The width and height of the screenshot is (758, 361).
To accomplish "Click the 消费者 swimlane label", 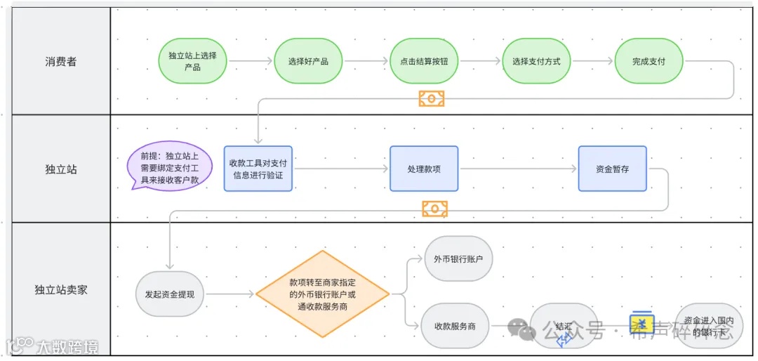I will [61, 62].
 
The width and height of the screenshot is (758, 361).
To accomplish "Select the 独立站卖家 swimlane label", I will [61, 289].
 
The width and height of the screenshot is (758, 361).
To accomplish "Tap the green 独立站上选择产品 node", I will [192, 61].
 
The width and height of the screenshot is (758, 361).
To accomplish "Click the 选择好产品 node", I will [308, 61].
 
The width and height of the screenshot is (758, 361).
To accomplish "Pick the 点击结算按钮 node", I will [424, 61].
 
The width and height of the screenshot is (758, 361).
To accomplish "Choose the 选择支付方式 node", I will [536, 61].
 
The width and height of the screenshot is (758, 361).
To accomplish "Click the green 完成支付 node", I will [649, 61].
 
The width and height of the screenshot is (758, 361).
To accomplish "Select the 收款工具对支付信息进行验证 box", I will [258, 169].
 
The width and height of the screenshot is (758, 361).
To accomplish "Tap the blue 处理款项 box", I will [424, 169].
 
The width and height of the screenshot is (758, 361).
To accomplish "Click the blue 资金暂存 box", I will [612, 169].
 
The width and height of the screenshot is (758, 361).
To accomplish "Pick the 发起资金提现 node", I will [170, 294].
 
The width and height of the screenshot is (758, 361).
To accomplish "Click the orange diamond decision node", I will [322, 294].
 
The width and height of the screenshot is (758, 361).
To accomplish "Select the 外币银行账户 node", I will [458, 258].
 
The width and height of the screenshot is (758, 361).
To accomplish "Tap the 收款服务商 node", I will [455, 326].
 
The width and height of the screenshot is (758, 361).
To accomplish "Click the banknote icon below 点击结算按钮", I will [432, 98].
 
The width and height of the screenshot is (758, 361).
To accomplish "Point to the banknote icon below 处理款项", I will [434, 209].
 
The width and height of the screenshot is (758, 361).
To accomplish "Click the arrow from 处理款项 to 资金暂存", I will [518, 169].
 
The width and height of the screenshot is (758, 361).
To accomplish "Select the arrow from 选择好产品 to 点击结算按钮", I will [366, 61].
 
